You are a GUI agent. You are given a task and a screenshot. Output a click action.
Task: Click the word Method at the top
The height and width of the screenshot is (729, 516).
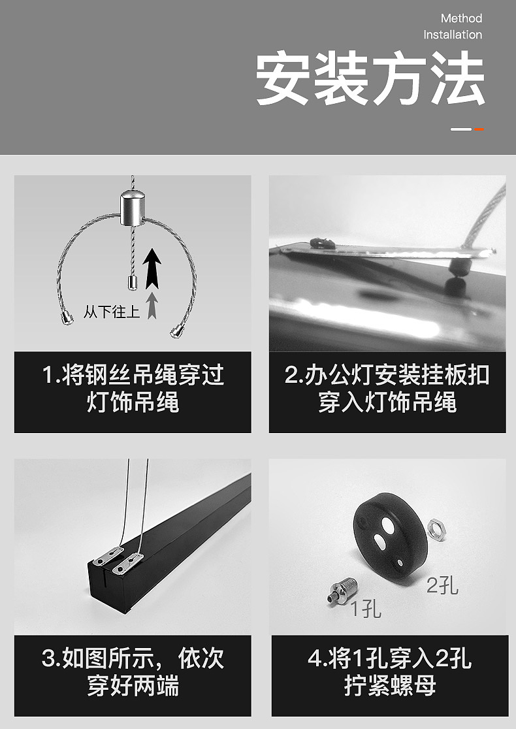pos(461,18)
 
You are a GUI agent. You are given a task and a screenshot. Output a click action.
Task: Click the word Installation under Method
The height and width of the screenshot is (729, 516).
pos(453,35)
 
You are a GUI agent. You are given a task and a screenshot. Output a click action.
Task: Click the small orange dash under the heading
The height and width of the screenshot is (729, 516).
pos(479,129)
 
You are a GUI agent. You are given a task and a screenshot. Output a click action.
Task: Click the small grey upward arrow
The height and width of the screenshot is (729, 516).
pos(152,305)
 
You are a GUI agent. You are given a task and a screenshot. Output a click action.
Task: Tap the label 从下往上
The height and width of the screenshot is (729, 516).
pos(112,312)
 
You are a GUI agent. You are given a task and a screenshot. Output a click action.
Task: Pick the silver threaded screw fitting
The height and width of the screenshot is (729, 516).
pos(340,587)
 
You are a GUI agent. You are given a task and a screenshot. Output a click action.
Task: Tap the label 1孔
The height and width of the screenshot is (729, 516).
pos(366,609)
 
